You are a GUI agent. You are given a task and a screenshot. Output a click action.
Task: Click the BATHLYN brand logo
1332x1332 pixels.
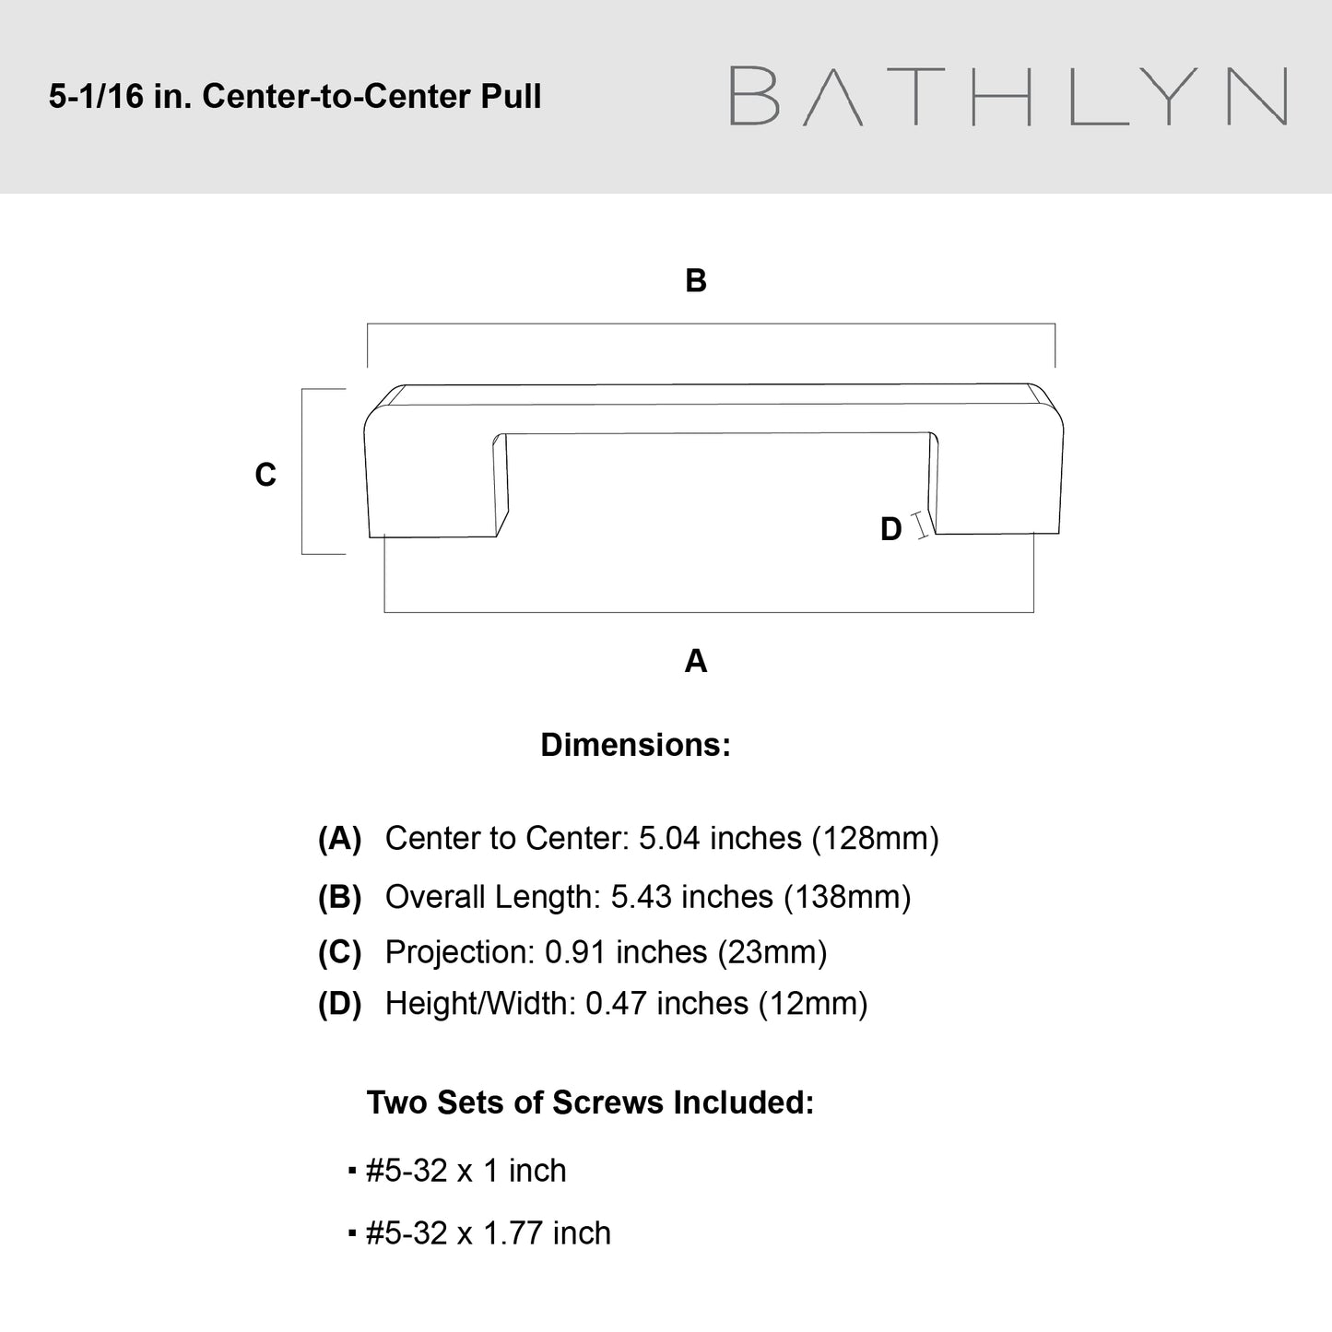(x=1008, y=96)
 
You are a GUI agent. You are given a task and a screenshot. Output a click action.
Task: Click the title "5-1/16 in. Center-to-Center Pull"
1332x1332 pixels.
(x=295, y=96)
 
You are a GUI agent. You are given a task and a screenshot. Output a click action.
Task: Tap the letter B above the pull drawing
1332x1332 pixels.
(x=695, y=280)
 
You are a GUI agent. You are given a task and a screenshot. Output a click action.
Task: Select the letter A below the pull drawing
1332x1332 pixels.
(x=695, y=661)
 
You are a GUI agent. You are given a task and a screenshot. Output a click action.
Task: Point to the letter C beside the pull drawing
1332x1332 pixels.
(x=265, y=475)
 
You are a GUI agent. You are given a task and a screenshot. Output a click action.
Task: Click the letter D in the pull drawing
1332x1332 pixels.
(x=891, y=529)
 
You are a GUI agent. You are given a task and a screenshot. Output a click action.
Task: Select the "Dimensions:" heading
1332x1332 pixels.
(x=635, y=745)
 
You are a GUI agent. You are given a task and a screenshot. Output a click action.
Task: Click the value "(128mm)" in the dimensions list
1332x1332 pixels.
(x=875, y=839)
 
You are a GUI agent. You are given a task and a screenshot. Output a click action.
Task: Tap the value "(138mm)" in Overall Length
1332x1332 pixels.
(x=847, y=897)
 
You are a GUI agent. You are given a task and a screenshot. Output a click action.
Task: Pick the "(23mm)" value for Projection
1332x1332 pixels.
(x=772, y=952)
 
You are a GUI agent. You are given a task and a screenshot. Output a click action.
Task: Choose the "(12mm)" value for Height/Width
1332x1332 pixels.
(x=813, y=1004)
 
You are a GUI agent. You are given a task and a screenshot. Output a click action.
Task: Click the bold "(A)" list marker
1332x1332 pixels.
(x=339, y=839)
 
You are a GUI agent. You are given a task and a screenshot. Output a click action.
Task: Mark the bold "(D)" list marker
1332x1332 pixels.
(x=339, y=1004)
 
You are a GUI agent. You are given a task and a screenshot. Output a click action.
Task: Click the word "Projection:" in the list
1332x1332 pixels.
(x=460, y=952)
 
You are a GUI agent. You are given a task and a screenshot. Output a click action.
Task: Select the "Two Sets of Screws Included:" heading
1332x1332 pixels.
(x=590, y=1102)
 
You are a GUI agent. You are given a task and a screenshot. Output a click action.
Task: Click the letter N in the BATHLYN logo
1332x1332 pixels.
(x=1258, y=96)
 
